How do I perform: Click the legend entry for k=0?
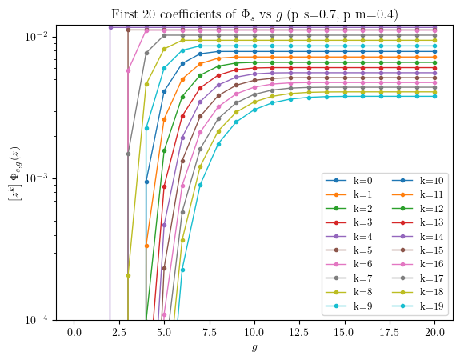tap(349, 181)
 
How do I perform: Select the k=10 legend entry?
tap(418, 181)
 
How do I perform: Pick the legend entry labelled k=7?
tap(349, 278)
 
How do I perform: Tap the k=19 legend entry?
tap(418, 306)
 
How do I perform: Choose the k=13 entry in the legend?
tap(418, 222)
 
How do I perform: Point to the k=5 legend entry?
tap(349, 250)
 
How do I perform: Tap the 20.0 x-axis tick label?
tap(434, 333)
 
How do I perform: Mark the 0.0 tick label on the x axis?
tap(74, 333)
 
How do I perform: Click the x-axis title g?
tap(254, 348)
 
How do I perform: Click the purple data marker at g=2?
tap(110, 27)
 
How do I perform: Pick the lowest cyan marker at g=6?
tap(182, 270)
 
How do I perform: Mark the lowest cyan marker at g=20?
tap(434, 96)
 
